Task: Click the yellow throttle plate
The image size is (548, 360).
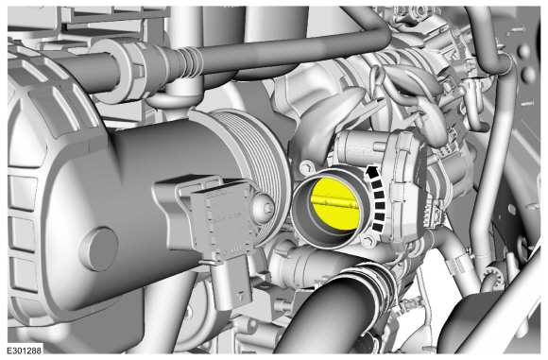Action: (334, 204)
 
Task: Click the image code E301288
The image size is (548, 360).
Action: (25, 351)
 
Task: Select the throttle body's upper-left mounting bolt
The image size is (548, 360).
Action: (307, 166)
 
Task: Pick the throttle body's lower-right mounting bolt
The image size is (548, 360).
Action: (367, 241)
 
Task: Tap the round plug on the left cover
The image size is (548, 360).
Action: (98, 249)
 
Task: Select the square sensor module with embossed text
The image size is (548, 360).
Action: (219, 220)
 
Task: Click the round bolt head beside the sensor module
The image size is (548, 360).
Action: (265, 209)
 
